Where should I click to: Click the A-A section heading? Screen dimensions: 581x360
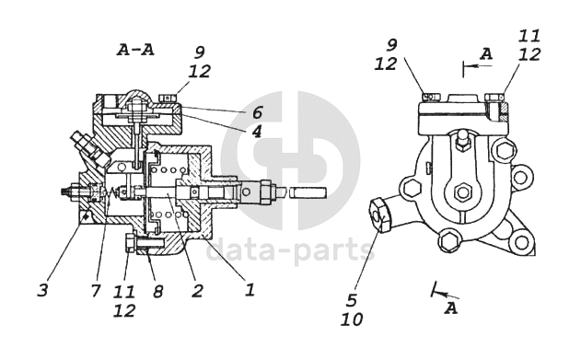click(135, 50)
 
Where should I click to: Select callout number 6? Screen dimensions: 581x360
click(257, 112)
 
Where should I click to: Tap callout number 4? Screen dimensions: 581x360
click(256, 131)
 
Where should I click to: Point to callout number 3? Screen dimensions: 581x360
click(43, 290)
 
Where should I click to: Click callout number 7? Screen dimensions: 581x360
click(96, 290)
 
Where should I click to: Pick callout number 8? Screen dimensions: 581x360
click(157, 292)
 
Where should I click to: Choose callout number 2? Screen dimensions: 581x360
click(197, 291)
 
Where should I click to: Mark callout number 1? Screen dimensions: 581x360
click(250, 289)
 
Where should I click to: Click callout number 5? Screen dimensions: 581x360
click(351, 299)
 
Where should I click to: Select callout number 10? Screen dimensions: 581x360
click(352, 319)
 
